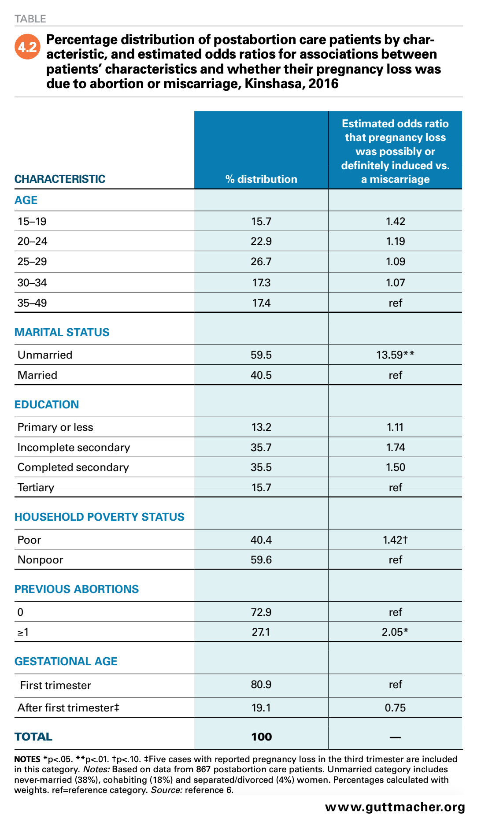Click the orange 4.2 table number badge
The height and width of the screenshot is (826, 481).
27,47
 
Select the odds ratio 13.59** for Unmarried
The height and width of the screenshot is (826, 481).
395,355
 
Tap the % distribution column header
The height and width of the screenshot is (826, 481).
261,179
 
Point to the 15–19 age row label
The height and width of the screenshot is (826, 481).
32,221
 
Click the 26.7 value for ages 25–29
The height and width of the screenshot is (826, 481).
261,261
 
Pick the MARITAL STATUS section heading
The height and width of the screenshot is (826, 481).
62,332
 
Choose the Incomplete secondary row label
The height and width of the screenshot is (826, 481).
74,447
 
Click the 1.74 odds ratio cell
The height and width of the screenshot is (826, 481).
396,447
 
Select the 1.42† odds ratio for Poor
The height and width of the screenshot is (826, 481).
395,540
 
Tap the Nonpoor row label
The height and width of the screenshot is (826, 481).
40,559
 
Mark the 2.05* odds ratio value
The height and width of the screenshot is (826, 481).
395,632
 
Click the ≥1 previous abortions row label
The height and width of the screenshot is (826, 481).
23,632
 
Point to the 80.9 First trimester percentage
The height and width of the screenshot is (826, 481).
261,684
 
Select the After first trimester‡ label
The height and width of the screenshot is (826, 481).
68,707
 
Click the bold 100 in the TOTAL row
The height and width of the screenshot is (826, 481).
261,737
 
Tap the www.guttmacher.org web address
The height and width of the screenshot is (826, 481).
395,807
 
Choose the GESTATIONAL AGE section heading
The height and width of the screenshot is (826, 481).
66,661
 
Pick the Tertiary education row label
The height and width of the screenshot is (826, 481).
36,487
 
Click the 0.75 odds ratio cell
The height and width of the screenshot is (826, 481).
395,707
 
